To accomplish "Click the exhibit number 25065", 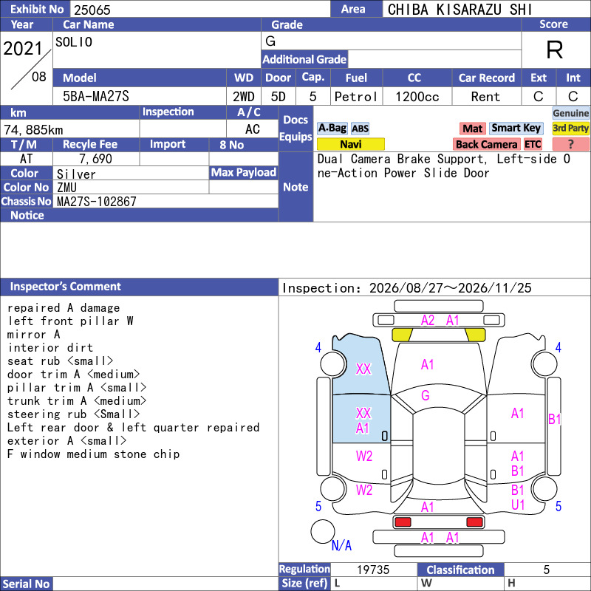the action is [x=92, y=10].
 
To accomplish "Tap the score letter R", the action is [x=555, y=49].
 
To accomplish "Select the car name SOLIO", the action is [x=74, y=41].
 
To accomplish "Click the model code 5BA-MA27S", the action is [x=96, y=96].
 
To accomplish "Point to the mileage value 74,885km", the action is [x=33, y=130].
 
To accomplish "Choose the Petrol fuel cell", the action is [x=356, y=97].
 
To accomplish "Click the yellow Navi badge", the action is [x=350, y=144].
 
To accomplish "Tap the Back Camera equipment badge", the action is [x=486, y=144].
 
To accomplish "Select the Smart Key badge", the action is [x=516, y=128].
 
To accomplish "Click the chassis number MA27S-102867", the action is [x=97, y=201].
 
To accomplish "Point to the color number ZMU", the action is [x=66, y=188].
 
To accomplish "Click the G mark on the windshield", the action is [x=426, y=395].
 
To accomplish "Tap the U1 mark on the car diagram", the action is [x=518, y=505].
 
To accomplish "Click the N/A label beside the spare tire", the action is [x=341, y=545].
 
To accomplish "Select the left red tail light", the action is [x=403, y=522].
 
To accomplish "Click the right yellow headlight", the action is [x=476, y=335].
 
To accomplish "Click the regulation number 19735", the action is [x=373, y=570].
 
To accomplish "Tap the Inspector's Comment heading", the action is [x=66, y=287].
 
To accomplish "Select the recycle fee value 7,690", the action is [x=95, y=159].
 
